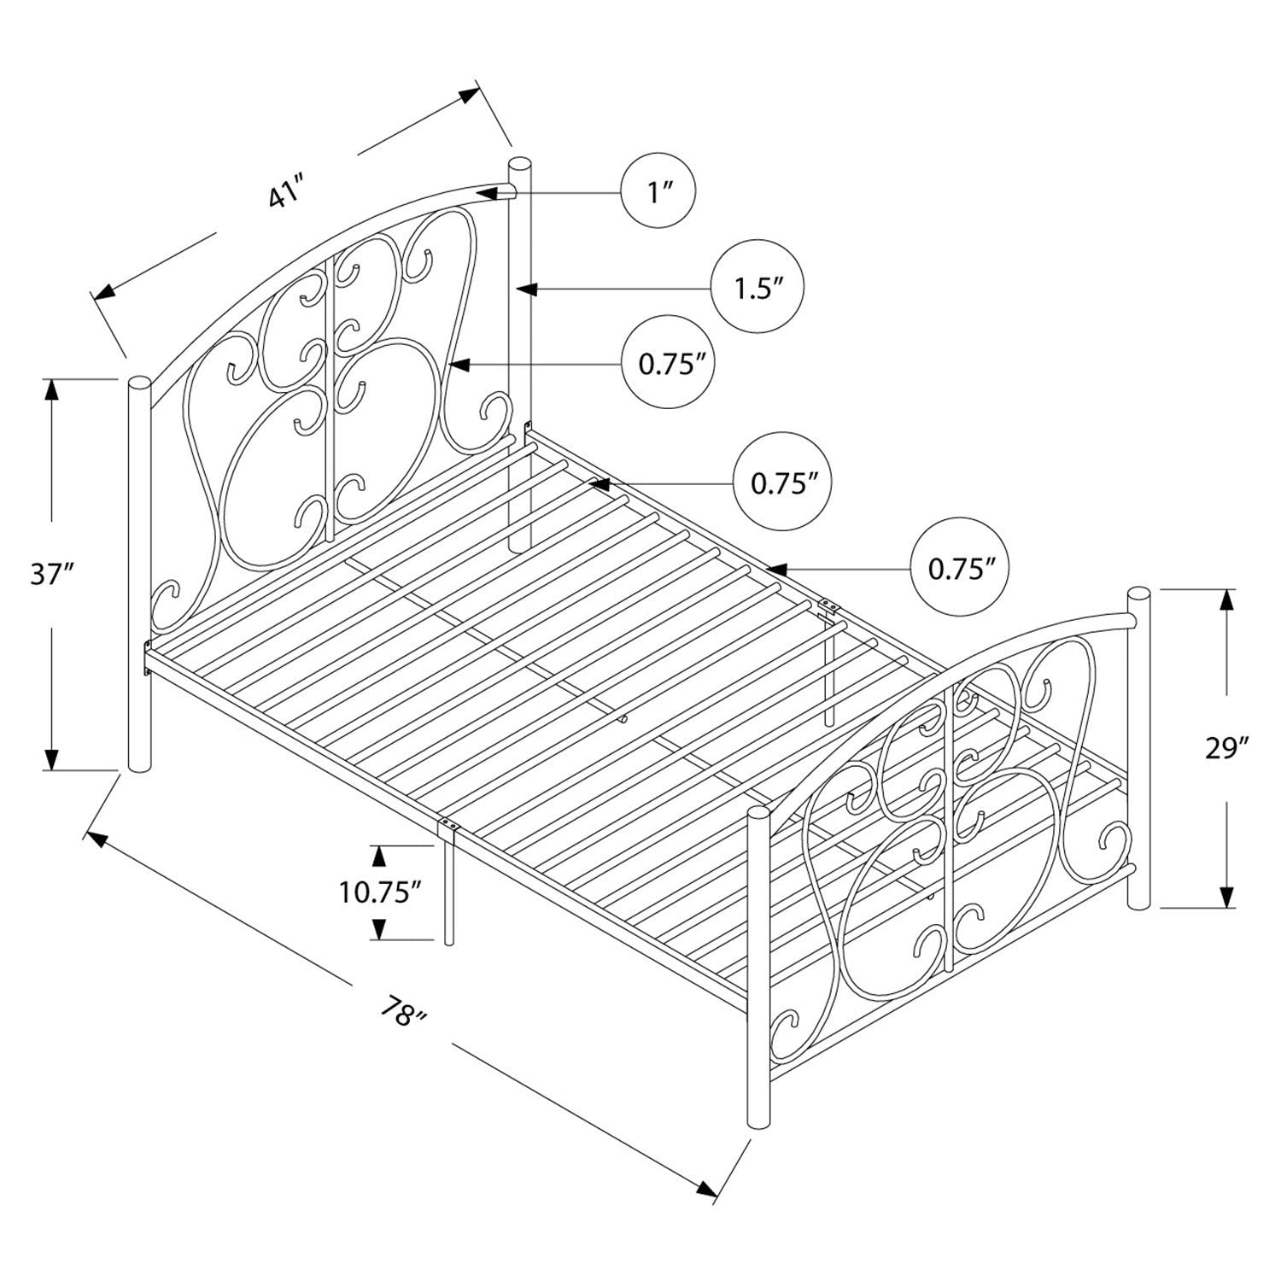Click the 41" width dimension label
click(286, 193)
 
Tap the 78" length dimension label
click(403, 1015)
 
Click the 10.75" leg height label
click(380, 893)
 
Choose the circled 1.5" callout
click(759, 288)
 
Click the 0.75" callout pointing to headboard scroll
click(668, 366)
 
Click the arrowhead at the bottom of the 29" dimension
click(1227, 897)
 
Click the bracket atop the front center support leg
click(448, 827)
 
